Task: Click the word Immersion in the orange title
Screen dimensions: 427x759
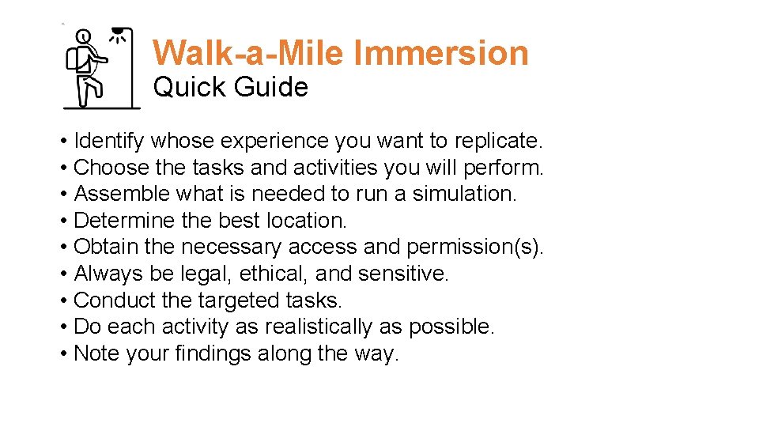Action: (441, 53)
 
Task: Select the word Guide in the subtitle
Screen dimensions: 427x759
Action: (269, 86)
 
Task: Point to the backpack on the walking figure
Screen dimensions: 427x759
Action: (76, 59)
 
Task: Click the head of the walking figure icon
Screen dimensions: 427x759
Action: (85, 36)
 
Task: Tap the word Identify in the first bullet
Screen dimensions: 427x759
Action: (108, 141)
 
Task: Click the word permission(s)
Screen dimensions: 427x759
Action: (475, 247)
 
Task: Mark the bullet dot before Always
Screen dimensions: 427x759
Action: (63, 274)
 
